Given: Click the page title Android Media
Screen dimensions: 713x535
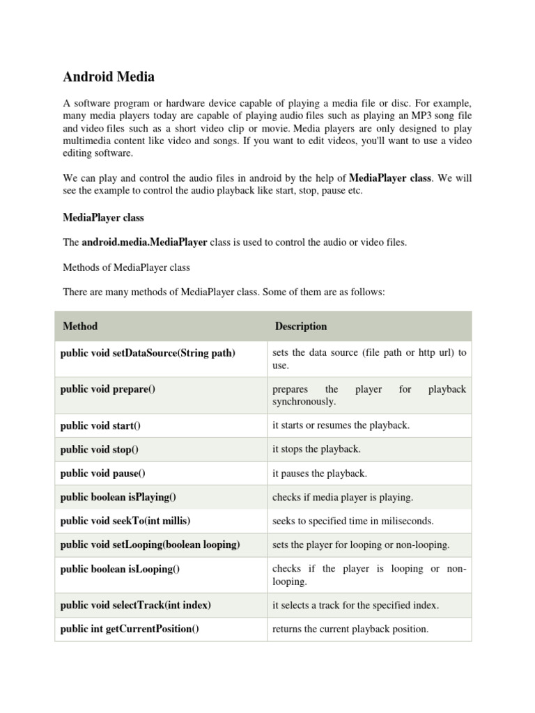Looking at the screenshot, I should click(x=109, y=76).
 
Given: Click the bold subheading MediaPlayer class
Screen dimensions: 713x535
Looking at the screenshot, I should click(x=103, y=217).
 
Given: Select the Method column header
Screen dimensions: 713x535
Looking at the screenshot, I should click(x=80, y=326).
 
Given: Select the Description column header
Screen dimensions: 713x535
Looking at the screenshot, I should click(x=301, y=326).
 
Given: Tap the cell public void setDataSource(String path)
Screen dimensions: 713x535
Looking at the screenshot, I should click(x=148, y=353).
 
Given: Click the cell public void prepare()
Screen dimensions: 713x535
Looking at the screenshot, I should click(x=108, y=389).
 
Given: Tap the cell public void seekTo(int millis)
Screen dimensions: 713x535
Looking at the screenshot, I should click(x=125, y=521).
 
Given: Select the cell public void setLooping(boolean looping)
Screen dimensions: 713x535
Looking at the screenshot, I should click(x=150, y=544).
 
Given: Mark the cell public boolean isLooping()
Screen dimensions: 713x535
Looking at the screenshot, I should click(x=120, y=569).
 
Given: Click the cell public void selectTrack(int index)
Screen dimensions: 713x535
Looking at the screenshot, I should click(x=135, y=605).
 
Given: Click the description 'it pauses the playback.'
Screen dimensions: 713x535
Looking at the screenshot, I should click(x=319, y=473).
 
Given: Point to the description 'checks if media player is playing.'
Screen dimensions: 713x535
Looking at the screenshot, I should click(x=343, y=497).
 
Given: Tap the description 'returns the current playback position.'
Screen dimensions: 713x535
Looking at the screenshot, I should click(x=350, y=629).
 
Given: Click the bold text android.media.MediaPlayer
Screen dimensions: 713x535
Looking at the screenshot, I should click(x=144, y=242).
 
